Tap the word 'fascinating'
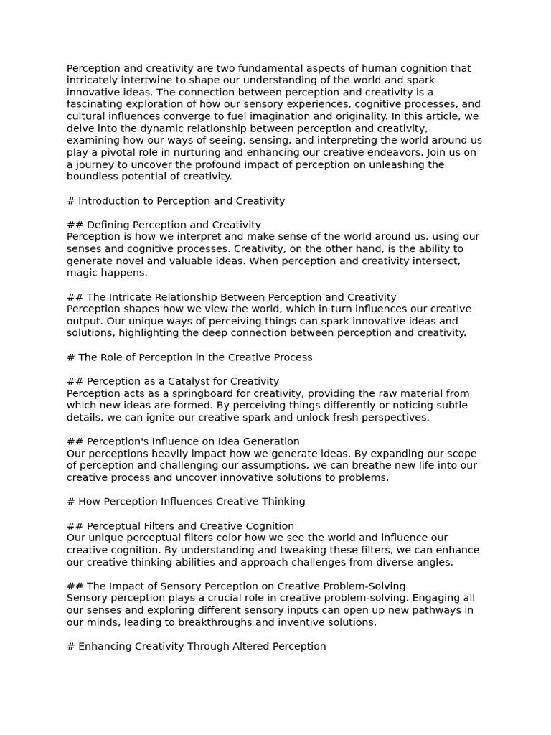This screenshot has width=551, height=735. click(94, 104)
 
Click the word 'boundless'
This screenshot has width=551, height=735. click(91, 177)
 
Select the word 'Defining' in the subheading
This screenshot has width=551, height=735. click(108, 225)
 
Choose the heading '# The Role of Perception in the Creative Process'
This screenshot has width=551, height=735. click(189, 357)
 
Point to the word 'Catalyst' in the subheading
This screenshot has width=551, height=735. click(172, 381)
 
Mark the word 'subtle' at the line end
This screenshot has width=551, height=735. click(451, 405)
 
